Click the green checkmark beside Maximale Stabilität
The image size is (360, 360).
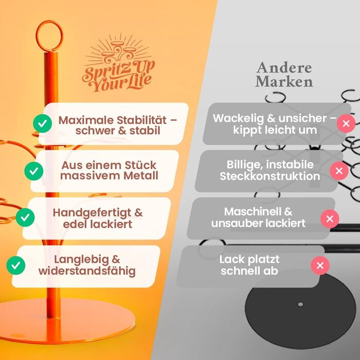coord(42,123)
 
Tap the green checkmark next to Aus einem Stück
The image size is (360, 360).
coord(34,170)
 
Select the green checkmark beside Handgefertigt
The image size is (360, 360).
coord(25,217)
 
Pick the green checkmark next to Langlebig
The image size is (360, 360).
coord(16,265)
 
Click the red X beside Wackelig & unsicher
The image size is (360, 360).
coord(346,123)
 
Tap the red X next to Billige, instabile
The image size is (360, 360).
coord(338,170)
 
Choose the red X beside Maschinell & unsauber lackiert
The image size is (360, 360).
coord(330,219)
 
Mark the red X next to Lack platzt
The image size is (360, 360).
coord(320,265)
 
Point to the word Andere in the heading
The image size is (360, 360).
coord(284,68)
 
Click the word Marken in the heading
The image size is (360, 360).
coord(284,82)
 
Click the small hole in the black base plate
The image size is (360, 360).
coord(300,304)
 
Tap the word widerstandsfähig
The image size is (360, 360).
coord(87,271)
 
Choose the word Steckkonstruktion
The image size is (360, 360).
coord(269,176)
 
